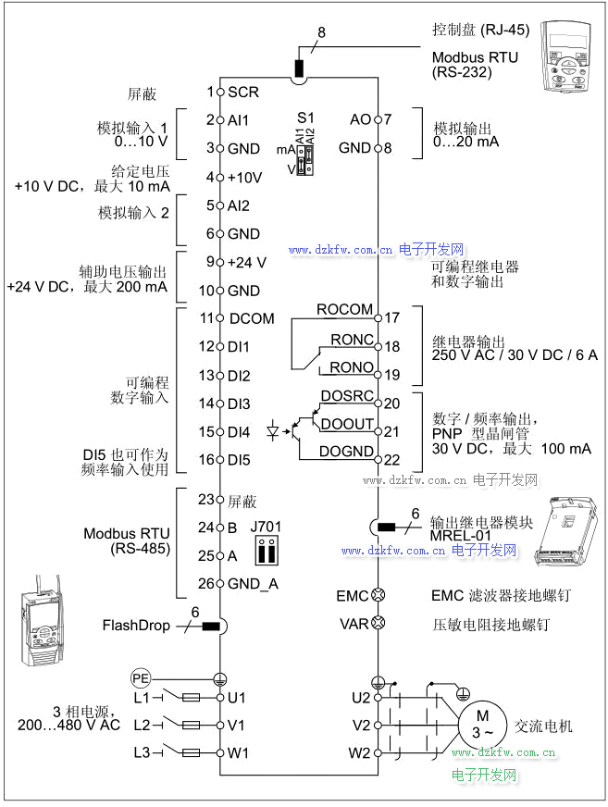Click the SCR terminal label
point(242,92)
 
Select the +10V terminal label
point(244,177)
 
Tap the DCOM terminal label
point(251,318)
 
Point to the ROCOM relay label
point(344,309)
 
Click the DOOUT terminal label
point(347,424)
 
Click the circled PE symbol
point(140,677)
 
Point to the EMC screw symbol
point(378,596)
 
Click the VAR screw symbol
point(378,624)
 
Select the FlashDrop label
point(136,626)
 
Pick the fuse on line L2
point(193,725)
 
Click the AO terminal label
point(360,119)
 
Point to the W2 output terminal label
point(359,752)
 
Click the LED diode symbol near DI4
point(274,430)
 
